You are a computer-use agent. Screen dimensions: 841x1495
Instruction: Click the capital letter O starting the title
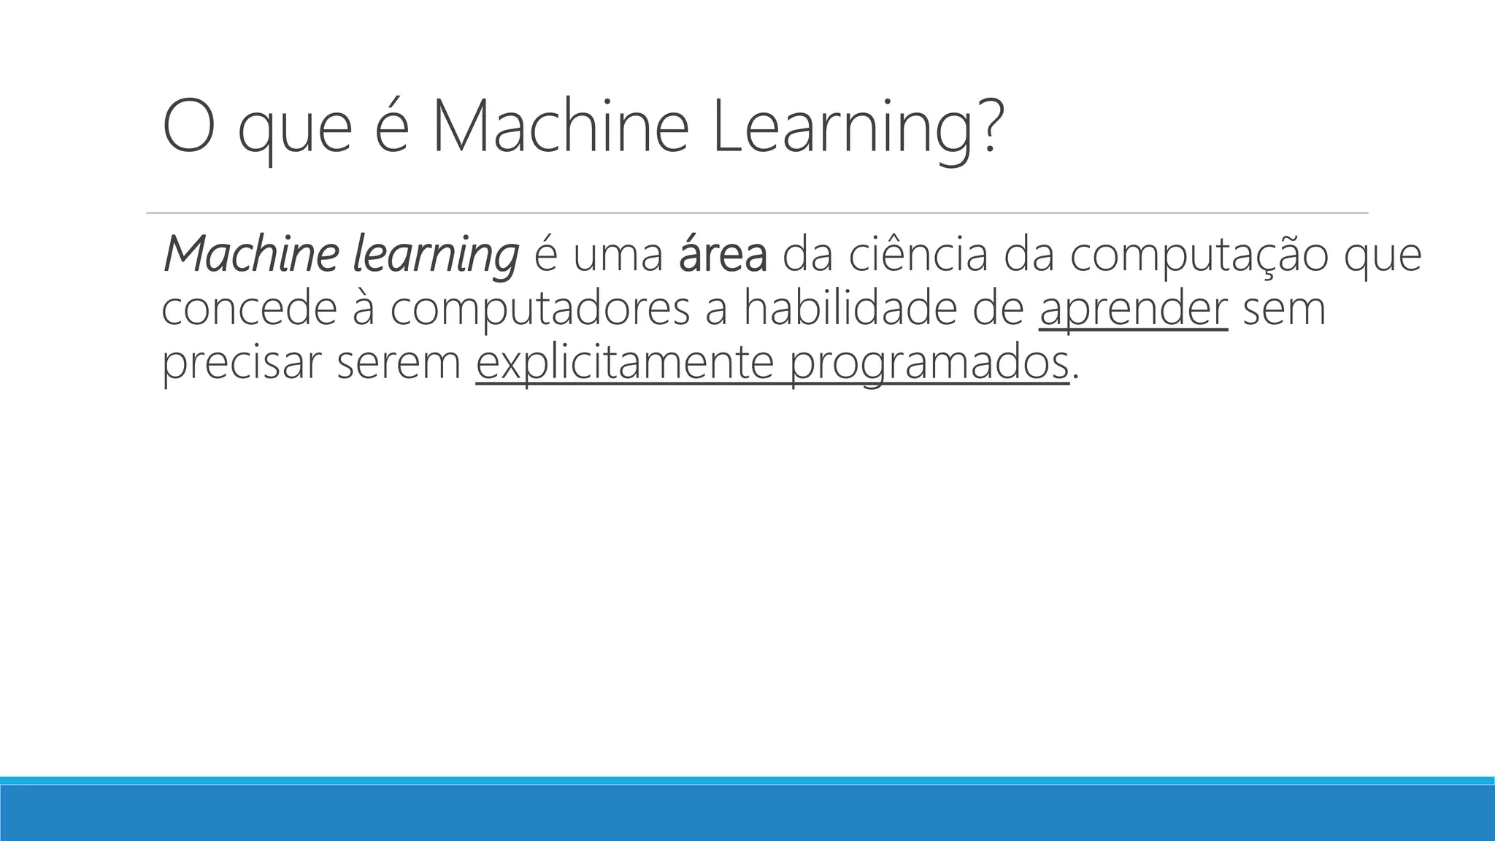(188, 127)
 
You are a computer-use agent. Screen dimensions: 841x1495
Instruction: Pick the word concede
(249, 308)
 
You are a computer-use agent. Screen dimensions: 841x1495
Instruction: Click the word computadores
(539, 311)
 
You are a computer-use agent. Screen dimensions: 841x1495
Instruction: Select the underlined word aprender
(1133, 311)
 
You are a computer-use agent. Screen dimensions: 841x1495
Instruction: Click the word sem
(1284, 310)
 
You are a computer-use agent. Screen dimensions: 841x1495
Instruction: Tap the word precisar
(240, 363)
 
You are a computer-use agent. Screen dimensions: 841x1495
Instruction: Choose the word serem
(399, 364)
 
